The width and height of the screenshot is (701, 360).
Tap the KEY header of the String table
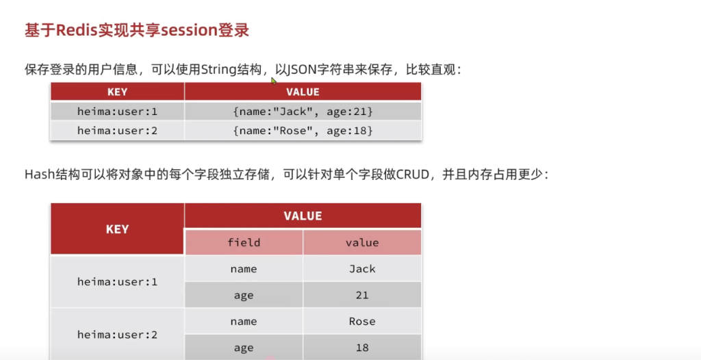click(x=117, y=92)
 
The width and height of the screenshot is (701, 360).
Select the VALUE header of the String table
click(x=303, y=92)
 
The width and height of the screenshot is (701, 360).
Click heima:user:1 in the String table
click(x=117, y=112)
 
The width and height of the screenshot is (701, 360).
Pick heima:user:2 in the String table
click(x=117, y=131)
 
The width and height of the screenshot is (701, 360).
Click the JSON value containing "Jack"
click(x=303, y=112)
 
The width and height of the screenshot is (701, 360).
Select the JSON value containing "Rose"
click(x=303, y=131)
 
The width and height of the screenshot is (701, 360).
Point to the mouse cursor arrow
click(x=274, y=81)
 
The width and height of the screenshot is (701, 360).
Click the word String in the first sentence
click(x=220, y=70)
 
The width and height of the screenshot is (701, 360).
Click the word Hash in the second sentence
click(x=39, y=175)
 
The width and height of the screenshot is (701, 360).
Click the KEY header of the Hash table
click(x=117, y=229)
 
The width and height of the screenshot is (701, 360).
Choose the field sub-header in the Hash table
click(x=244, y=242)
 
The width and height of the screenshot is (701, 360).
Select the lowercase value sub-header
click(x=362, y=242)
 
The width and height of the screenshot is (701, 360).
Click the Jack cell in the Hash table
click(x=362, y=269)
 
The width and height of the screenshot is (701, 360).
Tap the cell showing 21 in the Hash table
click(x=362, y=295)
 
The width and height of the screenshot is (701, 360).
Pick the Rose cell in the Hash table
click(x=362, y=322)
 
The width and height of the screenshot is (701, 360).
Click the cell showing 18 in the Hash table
click(x=362, y=348)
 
